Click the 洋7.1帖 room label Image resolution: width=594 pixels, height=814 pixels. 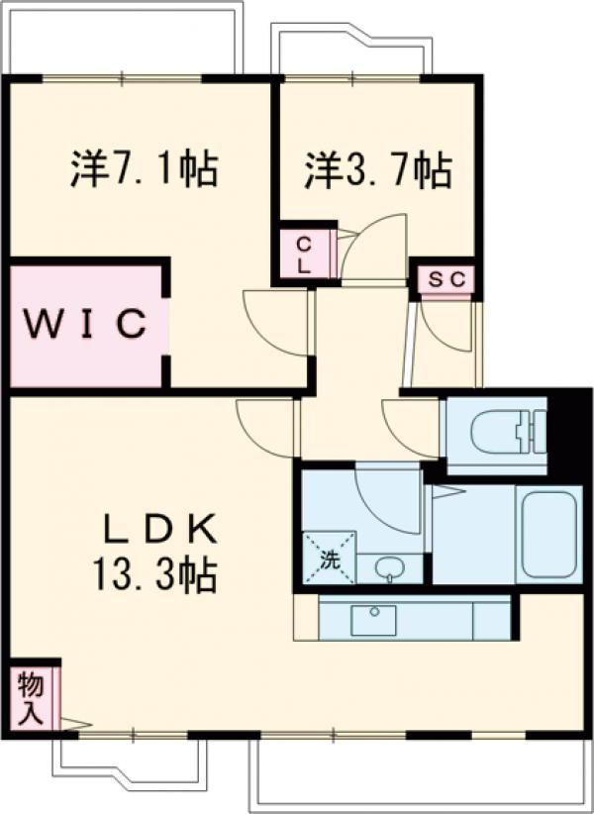tap(144, 169)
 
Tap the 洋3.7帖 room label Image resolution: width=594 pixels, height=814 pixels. tap(377, 169)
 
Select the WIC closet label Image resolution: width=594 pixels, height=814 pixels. tap(85, 324)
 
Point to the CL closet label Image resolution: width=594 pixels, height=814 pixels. tap(304, 254)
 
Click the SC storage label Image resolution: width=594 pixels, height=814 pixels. tap(447, 280)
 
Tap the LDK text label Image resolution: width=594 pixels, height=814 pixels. tap(160, 529)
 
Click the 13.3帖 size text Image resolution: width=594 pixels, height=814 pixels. tap(154, 575)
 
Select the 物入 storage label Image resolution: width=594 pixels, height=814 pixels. tap(30, 699)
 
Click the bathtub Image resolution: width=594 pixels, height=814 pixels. tap(548, 535)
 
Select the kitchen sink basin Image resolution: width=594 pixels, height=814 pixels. tap(373, 620)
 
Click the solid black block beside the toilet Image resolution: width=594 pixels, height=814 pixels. tap(569, 436)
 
